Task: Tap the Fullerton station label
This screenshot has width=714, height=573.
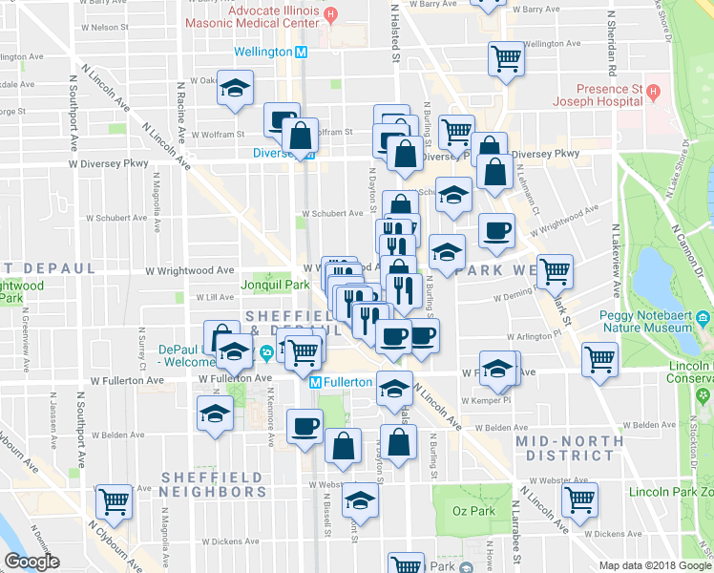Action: coord(347,382)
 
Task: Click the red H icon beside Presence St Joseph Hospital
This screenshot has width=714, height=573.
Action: coord(654,94)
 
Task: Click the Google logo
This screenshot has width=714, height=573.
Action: coord(31,562)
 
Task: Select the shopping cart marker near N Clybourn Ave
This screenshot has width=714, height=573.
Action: coord(115,500)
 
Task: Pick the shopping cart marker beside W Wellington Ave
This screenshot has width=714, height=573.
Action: coord(506,57)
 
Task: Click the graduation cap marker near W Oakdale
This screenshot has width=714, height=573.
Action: coord(233,88)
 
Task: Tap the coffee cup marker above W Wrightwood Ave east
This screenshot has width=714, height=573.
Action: coord(496,229)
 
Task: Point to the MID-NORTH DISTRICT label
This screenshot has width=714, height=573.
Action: coord(564,448)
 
